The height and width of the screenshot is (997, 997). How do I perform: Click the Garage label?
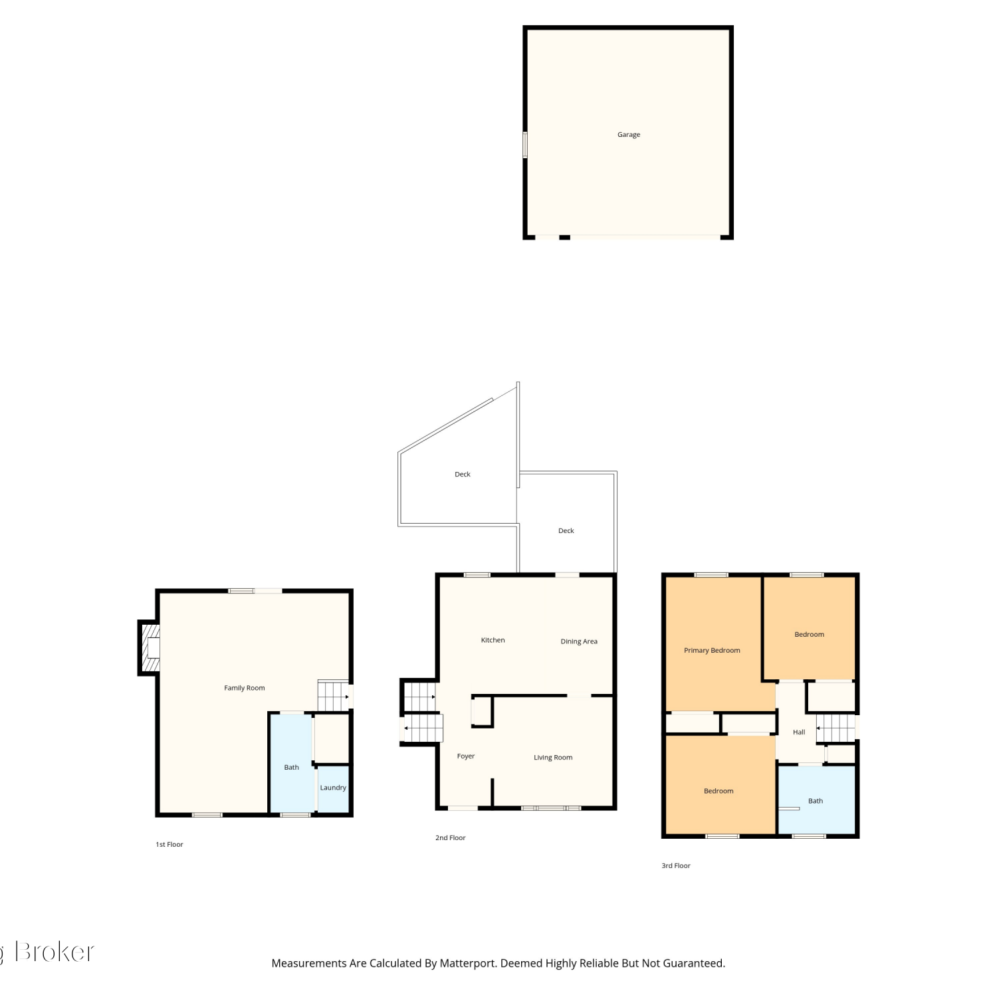[x=628, y=135]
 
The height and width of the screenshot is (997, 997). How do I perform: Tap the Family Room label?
[x=244, y=688]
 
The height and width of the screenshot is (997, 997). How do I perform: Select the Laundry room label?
[x=333, y=788]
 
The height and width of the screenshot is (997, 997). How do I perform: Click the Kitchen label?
[x=493, y=640]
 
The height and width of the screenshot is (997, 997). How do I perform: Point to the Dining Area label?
[x=579, y=641]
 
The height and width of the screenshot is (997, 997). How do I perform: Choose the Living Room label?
[x=553, y=758]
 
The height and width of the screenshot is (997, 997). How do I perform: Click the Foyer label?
[x=466, y=756]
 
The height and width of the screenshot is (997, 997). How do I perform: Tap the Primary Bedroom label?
[x=712, y=651]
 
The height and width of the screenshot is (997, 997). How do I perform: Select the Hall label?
[x=799, y=732]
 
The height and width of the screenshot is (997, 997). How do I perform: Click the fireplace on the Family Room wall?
[x=150, y=647]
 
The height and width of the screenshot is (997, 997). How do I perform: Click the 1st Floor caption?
[x=169, y=845]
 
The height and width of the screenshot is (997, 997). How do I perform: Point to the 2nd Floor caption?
[x=451, y=838]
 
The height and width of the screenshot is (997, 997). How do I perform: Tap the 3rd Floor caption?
[x=676, y=866]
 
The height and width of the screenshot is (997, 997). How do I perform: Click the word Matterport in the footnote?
[x=467, y=963]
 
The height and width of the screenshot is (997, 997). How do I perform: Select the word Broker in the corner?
[x=55, y=952]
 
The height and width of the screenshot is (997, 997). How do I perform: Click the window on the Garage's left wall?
[x=525, y=144]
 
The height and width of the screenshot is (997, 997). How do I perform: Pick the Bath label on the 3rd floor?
[x=816, y=801]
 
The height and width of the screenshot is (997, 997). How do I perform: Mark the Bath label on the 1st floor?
[x=292, y=768]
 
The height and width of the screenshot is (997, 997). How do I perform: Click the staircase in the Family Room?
[x=333, y=695]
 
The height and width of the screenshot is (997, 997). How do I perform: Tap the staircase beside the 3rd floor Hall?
[x=835, y=728]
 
